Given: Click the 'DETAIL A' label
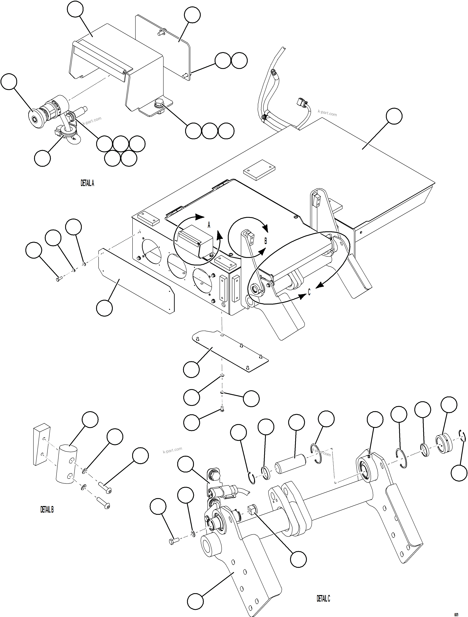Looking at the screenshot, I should coord(87,183).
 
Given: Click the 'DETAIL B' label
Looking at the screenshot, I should coord(47,510).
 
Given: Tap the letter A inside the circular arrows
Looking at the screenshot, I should coord(209,225).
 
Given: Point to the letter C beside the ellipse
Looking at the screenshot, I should coord(309,292).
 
